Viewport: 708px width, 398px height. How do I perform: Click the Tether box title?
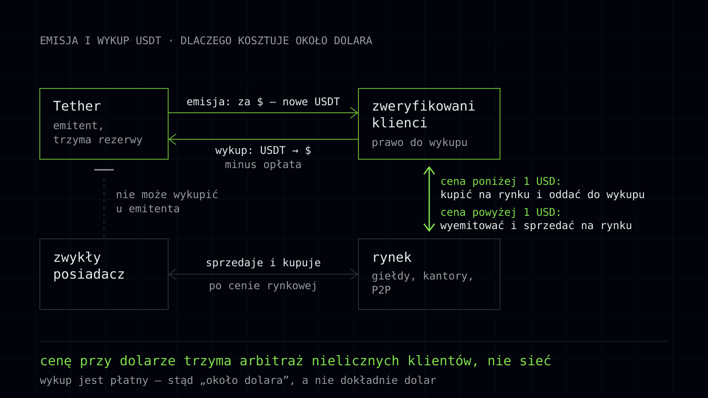pos(77,106)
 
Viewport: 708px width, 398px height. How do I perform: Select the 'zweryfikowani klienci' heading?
pos(423,115)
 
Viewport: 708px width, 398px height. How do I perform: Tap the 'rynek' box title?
pos(392,257)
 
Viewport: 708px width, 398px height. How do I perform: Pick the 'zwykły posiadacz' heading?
pos(89,266)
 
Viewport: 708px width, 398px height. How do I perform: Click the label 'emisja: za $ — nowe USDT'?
pos(263,102)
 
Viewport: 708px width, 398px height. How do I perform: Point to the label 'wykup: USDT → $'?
pos(263,150)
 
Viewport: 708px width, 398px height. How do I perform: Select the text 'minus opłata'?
pos(263,165)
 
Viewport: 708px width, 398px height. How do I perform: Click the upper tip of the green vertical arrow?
pos(429,167)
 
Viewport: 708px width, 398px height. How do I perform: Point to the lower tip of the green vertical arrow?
pos(429,231)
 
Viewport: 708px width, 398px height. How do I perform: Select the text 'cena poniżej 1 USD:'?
pos(500,181)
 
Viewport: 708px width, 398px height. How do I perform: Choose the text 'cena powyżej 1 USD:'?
pos(500,212)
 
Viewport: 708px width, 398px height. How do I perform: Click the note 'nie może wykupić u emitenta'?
pos(167,202)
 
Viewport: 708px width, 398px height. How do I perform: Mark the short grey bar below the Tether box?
pos(104,170)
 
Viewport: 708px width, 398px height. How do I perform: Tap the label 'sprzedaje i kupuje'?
pos(263,263)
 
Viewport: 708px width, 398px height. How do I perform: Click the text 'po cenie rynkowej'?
pos(263,286)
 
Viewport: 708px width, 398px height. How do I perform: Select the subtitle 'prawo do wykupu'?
pos(419,142)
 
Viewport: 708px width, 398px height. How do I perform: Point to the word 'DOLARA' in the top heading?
pos(353,41)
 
